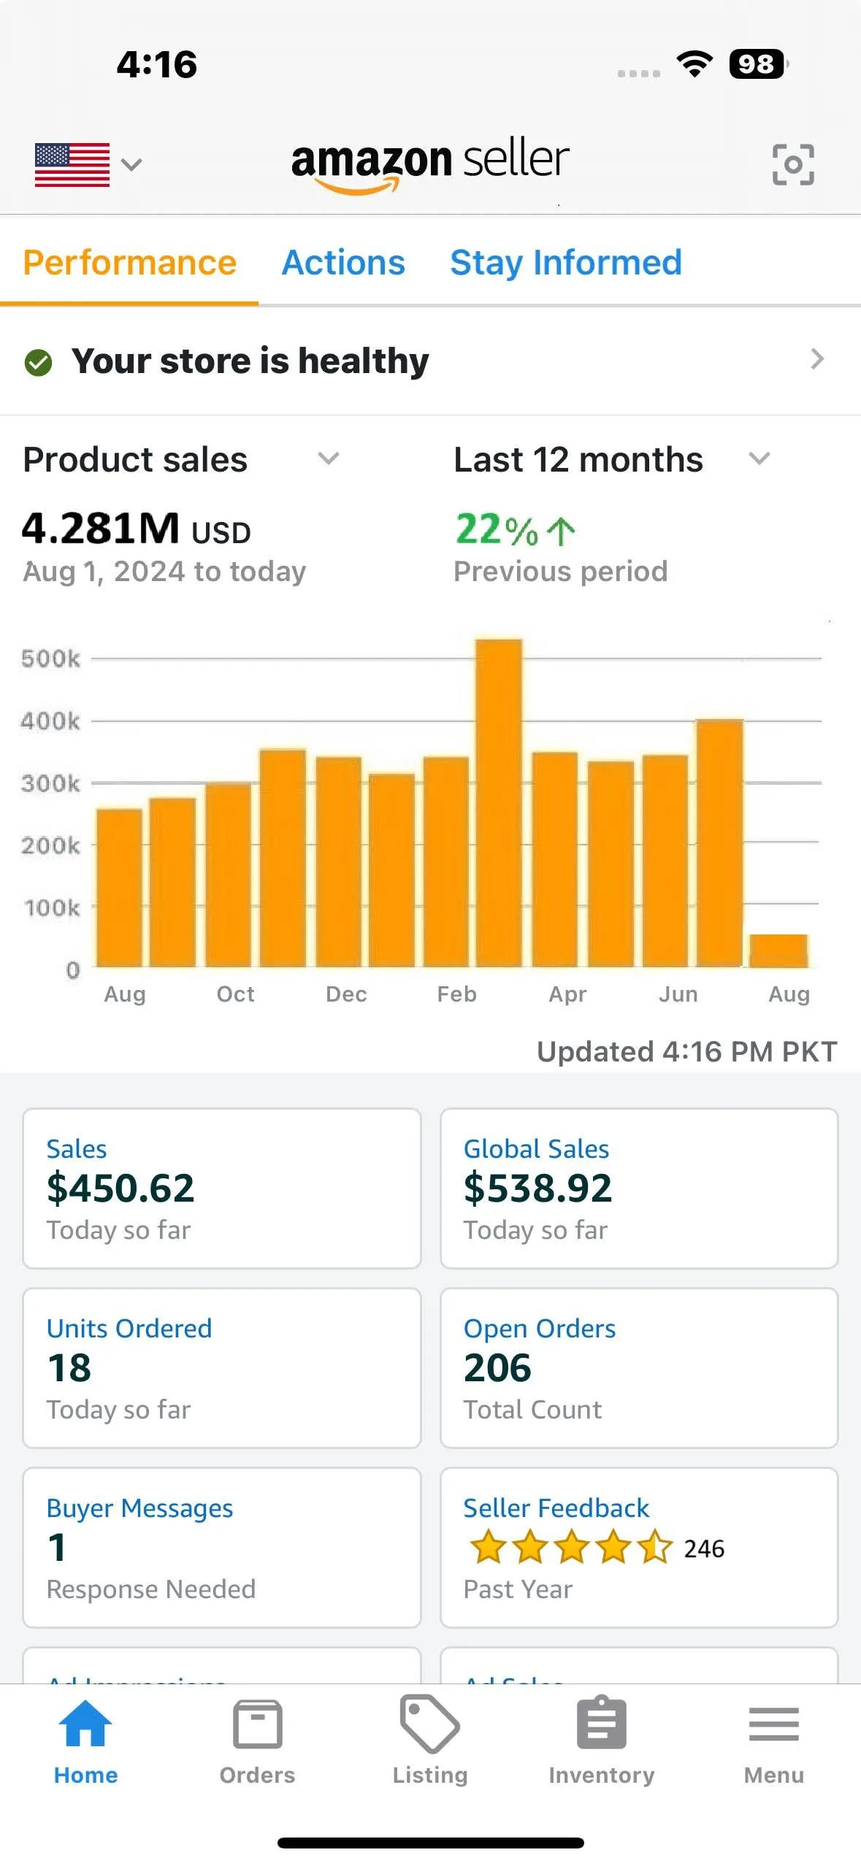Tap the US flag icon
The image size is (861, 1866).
tap(72, 165)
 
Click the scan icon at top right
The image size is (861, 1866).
tap(793, 164)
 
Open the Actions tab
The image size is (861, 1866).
tap(343, 263)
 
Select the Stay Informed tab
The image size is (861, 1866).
tap(566, 263)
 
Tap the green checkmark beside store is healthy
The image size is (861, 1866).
tap(38, 362)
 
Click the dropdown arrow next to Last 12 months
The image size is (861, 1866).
tap(759, 459)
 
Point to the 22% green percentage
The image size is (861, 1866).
tap(497, 530)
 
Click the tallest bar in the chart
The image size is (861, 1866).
tap(499, 803)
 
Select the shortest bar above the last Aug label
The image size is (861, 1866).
tap(778, 951)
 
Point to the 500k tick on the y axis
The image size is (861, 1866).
tap(50, 659)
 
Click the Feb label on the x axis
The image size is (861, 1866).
tap(456, 994)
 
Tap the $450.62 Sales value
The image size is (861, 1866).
tap(120, 1188)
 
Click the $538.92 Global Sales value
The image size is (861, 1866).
tap(537, 1188)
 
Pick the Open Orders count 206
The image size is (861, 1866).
tap(497, 1367)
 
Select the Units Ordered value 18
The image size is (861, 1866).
tap(69, 1367)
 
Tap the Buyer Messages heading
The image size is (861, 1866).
tap(139, 1508)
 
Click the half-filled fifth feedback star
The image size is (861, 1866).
tap(655, 1547)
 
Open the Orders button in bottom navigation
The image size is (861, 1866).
tap(257, 1741)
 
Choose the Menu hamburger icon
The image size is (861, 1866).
tap(773, 1724)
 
